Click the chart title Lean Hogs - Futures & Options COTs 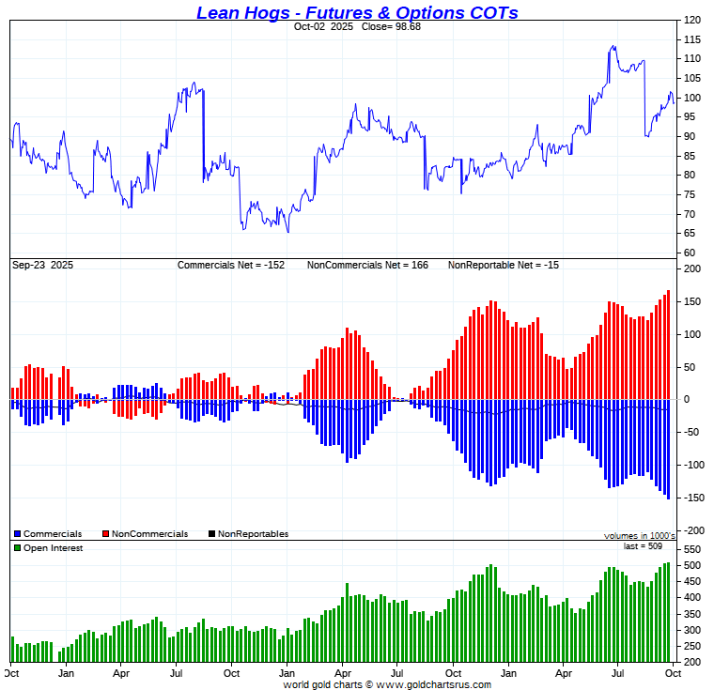(357, 12)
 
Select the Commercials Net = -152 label (231, 266)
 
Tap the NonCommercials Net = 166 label (367, 266)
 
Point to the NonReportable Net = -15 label (503, 266)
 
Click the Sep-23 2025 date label (42, 266)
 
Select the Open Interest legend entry (52, 548)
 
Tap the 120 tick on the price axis (691, 20)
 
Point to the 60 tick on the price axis (689, 253)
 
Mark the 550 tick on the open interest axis (691, 549)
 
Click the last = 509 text (643, 545)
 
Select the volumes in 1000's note (639, 535)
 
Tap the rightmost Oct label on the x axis (670, 673)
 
